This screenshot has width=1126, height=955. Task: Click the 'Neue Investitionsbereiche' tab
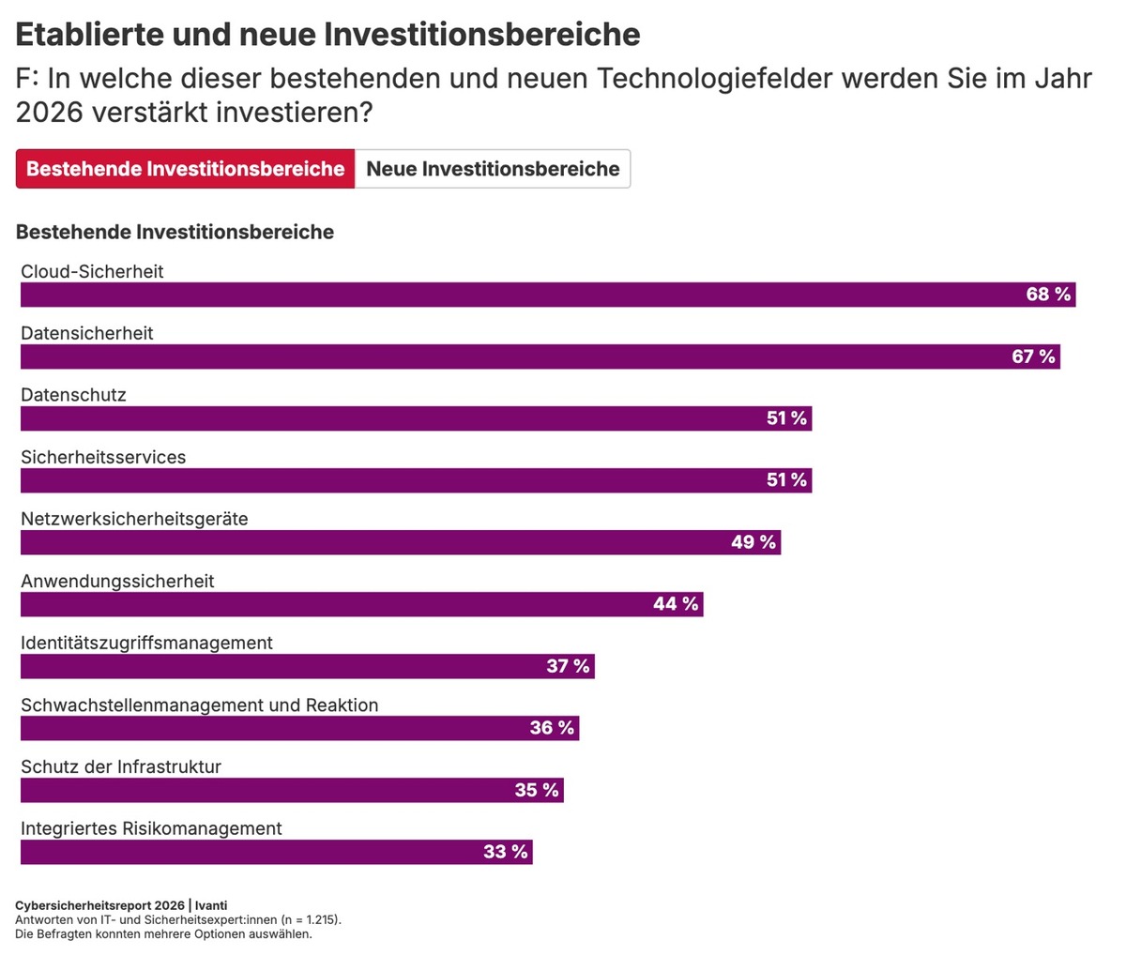[493, 169]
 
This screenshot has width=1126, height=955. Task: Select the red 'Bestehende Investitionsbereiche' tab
[186, 169]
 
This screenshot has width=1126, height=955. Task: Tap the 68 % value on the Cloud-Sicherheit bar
[1048, 295]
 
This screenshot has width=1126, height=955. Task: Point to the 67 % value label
[1033, 356]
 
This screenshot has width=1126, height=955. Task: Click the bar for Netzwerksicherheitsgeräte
[375, 542]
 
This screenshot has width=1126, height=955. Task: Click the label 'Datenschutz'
[73, 395]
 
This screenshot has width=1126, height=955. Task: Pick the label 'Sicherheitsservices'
[103, 457]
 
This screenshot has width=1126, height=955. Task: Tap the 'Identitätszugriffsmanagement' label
[146, 643]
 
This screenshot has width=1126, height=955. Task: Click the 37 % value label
[568, 666]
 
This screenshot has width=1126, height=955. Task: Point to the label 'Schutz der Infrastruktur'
[121, 766]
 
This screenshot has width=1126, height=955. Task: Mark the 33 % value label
[506, 852]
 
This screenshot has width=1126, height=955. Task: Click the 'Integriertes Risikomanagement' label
[151, 828]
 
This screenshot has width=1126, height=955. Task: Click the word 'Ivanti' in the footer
[211, 905]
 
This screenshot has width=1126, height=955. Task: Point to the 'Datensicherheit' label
[87, 333]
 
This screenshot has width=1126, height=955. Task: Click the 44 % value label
[676, 604]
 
